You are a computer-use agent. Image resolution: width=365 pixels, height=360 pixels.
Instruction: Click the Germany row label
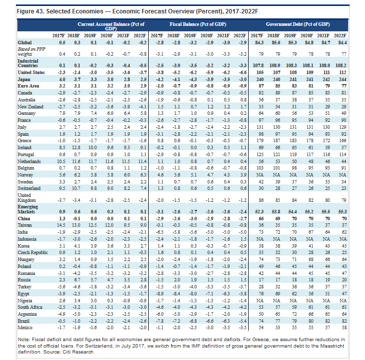point(26,113)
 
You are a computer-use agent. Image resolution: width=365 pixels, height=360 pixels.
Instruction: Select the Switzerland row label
point(29,188)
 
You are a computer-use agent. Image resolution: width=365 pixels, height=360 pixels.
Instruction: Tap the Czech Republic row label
point(33,253)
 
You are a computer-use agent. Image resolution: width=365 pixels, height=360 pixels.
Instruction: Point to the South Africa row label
point(30,307)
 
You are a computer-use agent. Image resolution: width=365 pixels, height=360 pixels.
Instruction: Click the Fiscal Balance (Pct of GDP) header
point(198,24)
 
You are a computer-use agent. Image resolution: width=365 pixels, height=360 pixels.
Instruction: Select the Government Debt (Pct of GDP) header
point(298,24)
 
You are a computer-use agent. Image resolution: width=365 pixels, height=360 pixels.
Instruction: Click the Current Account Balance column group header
point(111,26)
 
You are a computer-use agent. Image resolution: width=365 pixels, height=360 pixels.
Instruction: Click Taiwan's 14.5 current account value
point(61,225)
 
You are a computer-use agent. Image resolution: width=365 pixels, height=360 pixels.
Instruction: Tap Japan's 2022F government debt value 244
point(343,80)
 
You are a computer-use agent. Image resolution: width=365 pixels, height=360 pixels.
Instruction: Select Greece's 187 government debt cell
point(276,141)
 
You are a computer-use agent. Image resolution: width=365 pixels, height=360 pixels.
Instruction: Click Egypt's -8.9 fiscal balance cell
point(160,294)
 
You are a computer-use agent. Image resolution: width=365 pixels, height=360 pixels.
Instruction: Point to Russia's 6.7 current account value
point(77,280)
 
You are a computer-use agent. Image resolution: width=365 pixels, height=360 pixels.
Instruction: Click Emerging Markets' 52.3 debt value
point(259,212)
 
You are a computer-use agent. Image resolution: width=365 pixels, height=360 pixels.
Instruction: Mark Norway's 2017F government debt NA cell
point(260,175)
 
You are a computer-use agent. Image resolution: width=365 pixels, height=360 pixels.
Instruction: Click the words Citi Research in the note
point(78,352)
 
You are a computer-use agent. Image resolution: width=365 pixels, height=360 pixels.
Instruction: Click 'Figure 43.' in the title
point(30,11)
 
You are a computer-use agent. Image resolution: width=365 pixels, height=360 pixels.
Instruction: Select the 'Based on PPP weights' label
point(31,51)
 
